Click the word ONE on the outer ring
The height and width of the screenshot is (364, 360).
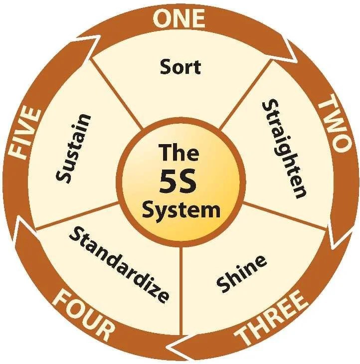click(179, 18)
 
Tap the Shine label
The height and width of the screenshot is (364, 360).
click(241, 273)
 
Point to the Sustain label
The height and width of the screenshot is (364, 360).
click(74, 148)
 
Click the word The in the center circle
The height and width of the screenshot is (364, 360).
click(179, 152)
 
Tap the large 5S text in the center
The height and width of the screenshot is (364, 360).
click(179, 182)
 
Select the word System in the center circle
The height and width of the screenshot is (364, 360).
click(180, 210)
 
